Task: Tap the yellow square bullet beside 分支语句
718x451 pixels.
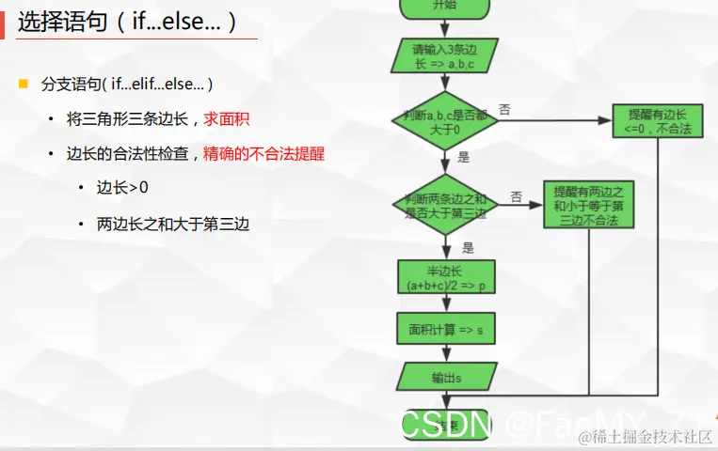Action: click(24, 84)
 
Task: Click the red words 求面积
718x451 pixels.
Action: click(226, 119)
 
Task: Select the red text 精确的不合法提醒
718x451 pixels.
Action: click(264, 153)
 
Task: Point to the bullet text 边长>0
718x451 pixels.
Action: click(121, 187)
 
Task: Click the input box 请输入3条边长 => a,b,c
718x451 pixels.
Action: click(443, 56)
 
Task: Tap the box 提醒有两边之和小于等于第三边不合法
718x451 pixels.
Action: click(588, 203)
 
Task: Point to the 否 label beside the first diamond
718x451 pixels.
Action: click(505, 109)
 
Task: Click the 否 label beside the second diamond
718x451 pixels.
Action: click(516, 196)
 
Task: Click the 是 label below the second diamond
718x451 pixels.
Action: click(468, 248)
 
